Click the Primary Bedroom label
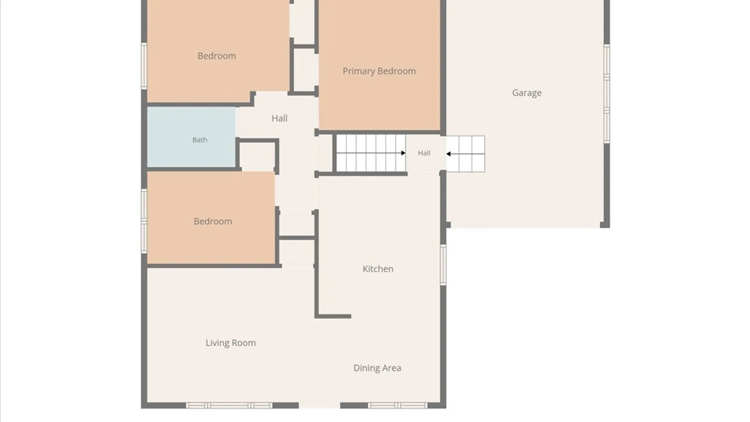click(379, 71)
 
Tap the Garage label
click(527, 93)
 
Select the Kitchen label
click(378, 269)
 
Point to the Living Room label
click(230, 343)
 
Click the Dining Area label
click(377, 368)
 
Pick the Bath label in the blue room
click(200, 140)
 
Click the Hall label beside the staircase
click(424, 153)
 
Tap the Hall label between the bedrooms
click(279, 118)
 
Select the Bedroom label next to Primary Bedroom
click(216, 56)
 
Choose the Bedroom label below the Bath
click(212, 222)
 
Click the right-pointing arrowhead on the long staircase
click(403, 153)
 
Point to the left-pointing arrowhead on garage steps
click(448, 154)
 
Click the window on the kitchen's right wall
click(443, 265)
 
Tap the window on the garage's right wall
click(607, 94)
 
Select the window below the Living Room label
click(229, 406)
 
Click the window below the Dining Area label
click(397, 406)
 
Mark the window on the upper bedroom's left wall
click(144, 66)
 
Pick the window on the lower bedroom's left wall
click(144, 221)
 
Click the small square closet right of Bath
click(257, 156)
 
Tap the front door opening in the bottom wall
click(320, 406)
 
